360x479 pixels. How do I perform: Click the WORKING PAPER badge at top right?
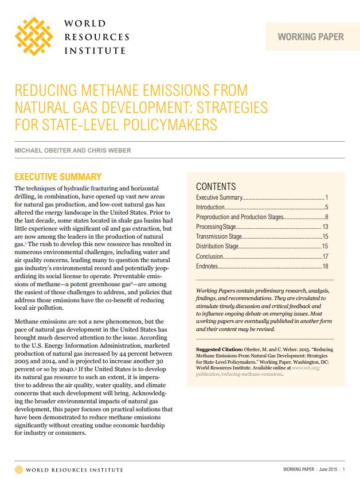click(311, 37)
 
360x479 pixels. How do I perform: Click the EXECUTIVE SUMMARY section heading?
click(57, 177)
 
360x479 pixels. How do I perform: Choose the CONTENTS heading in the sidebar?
click(216, 186)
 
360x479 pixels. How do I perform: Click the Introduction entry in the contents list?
click(210, 207)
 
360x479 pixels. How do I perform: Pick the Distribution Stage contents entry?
click(217, 246)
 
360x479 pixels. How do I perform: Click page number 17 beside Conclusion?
click(324, 256)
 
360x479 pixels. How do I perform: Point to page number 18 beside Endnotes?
click(324, 266)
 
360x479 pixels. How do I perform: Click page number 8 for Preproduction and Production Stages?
click(326, 217)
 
